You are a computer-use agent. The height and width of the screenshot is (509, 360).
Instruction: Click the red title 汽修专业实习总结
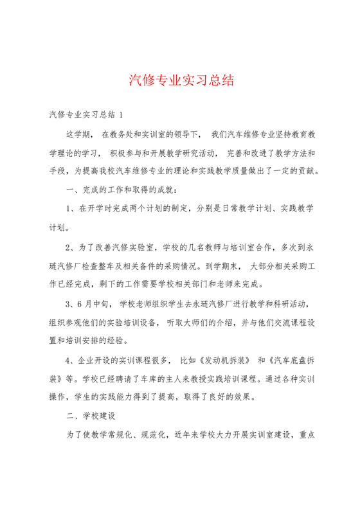click(181, 80)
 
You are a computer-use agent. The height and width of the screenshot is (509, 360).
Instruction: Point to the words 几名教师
click(204, 246)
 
